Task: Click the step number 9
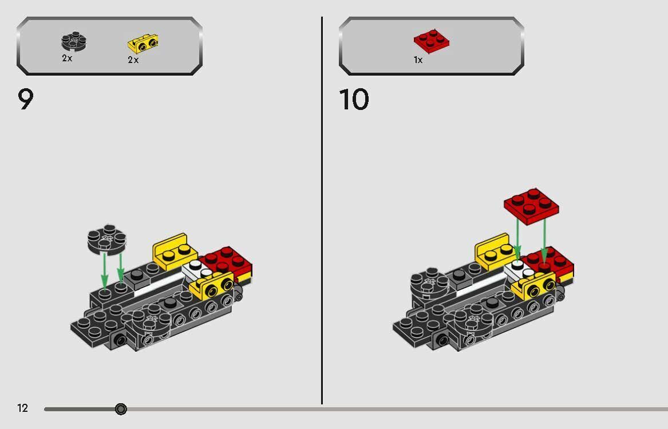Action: point(26,100)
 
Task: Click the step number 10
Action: point(354,100)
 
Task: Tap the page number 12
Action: point(22,408)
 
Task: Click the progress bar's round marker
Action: point(121,409)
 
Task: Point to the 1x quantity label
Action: point(418,60)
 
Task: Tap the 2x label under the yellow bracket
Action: point(133,60)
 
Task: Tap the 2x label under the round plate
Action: point(67,58)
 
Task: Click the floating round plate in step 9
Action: point(106,239)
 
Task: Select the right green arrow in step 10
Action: point(544,241)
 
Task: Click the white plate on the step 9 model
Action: point(195,268)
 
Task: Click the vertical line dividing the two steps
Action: point(322,212)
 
